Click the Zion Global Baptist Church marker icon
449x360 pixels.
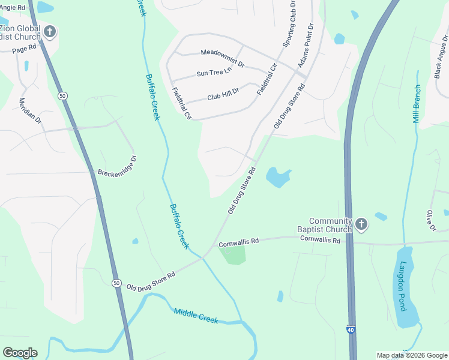pyautogui.click(x=49, y=31)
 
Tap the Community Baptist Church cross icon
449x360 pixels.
pyautogui.click(x=360, y=224)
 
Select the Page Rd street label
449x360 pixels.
pyautogui.click(x=25, y=48)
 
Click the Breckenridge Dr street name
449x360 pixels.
pyautogui.click(x=118, y=166)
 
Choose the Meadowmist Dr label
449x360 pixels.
pyautogui.click(x=222, y=58)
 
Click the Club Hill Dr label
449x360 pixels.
pyautogui.click(x=223, y=94)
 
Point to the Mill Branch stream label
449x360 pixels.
pyautogui.click(x=417, y=104)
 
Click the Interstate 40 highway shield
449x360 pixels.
pyautogui.click(x=350, y=329)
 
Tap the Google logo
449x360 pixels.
pyautogui.click(x=20, y=353)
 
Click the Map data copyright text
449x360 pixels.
pyautogui.click(x=412, y=355)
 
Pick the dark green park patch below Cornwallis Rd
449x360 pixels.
pyautogui.click(x=234, y=254)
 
